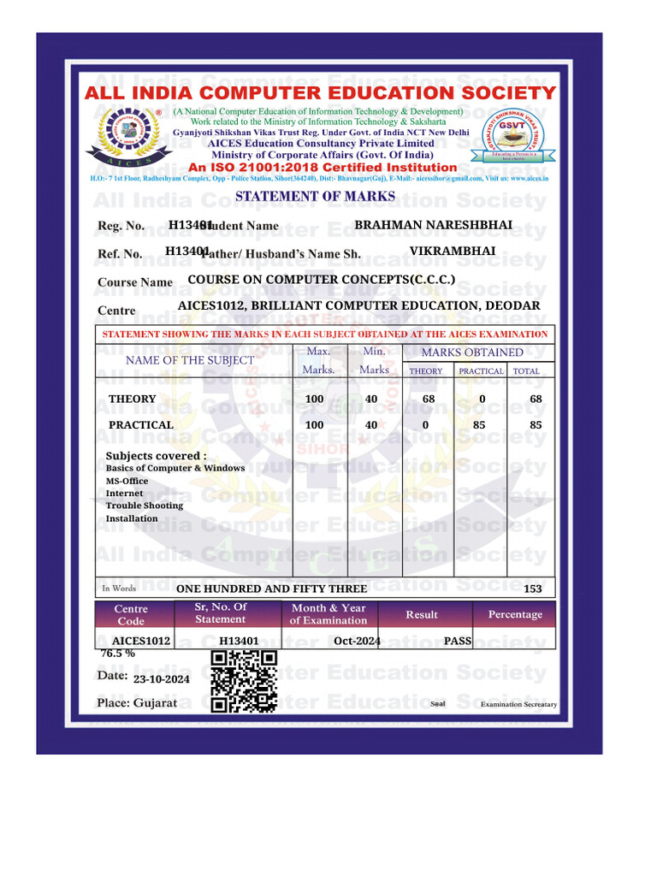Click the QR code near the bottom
pyautogui.click(x=244, y=681)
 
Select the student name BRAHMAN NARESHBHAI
pyautogui.click(x=434, y=224)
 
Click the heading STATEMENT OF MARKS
pyautogui.click(x=315, y=196)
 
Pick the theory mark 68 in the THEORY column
pyautogui.click(x=429, y=400)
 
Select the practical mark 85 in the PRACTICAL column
pyautogui.click(x=482, y=425)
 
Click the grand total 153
pyautogui.click(x=532, y=589)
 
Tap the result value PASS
pyautogui.click(x=458, y=640)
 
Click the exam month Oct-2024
pyautogui.click(x=357, y=640)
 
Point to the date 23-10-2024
pyautogui.click(x=162, y=678)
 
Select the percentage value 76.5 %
pyautogui.click(x=118, y=653)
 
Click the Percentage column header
pyautogui.click(x=515, y=614)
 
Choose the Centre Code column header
pyautogui.click(x=131, y=614)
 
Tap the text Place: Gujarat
pyautogui.click(x=137, y=702)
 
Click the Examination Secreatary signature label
pyautogui.click(x=518, y=705)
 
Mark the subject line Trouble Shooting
pyautogui.click(x=145, y=506)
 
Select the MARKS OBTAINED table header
pyautogui.click(x=472, y=352)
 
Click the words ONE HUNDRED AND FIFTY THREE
pyautogui.click(x=271, y=589)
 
